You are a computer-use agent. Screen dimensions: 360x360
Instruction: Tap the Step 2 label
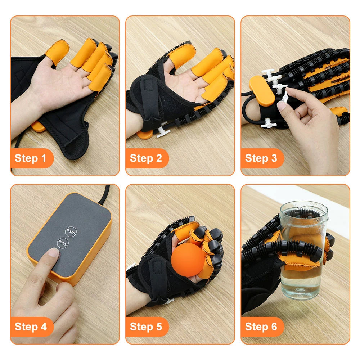[146, 158]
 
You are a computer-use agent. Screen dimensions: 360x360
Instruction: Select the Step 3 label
[261, 158]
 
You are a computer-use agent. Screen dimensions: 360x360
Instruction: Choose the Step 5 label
[146, 327]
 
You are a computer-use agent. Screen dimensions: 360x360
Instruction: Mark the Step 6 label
[261, 327]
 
